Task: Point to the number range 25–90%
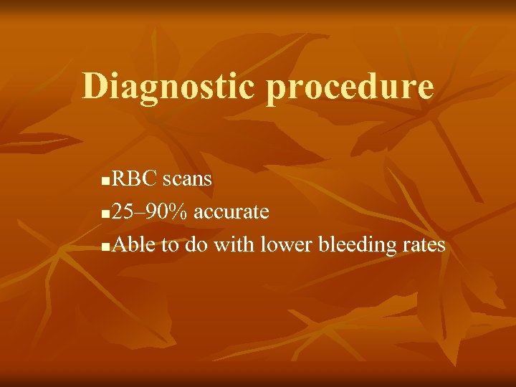tap(150, 212)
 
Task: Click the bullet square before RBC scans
tap(106, 181)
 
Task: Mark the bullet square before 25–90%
tap(106, 214)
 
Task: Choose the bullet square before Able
tap(106, 247)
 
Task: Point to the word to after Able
tap(170, 246)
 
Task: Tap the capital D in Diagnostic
tap(95, 86)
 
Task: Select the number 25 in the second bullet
tap(123, 212)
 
